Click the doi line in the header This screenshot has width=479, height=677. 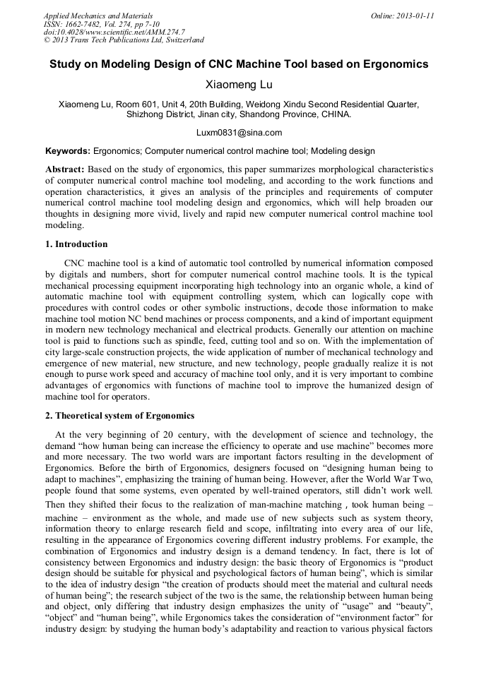click(114, 32)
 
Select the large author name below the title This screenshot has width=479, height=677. click(239, 85)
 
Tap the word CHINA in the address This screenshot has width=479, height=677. click(336, 114)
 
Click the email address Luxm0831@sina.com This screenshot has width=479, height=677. click(239, 133)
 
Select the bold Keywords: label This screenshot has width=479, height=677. click(68, 151)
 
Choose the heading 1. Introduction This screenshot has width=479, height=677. click(76, 244)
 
